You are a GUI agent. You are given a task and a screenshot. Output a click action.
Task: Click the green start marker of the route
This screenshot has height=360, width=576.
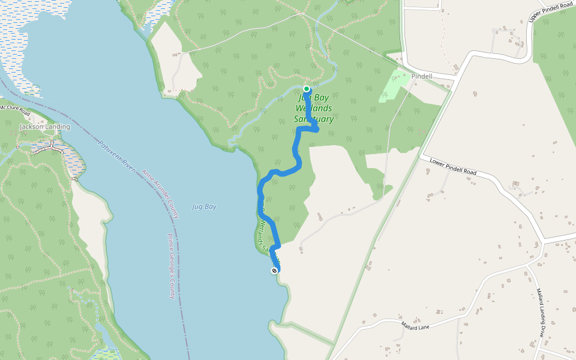307,89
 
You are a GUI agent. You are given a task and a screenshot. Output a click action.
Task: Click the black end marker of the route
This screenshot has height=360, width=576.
274,271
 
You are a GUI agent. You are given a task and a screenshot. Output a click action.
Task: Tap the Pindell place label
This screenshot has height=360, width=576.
422,77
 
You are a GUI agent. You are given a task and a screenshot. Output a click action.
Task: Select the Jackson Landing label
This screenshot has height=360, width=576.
44,127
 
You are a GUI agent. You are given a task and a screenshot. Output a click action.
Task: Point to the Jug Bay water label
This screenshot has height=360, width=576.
204,206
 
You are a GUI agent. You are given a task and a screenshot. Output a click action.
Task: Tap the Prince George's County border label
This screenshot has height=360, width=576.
170,266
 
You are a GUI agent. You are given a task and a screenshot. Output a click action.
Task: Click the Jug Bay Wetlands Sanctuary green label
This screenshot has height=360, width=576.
314,109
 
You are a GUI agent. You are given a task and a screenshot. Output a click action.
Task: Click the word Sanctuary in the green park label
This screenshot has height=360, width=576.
314,119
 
